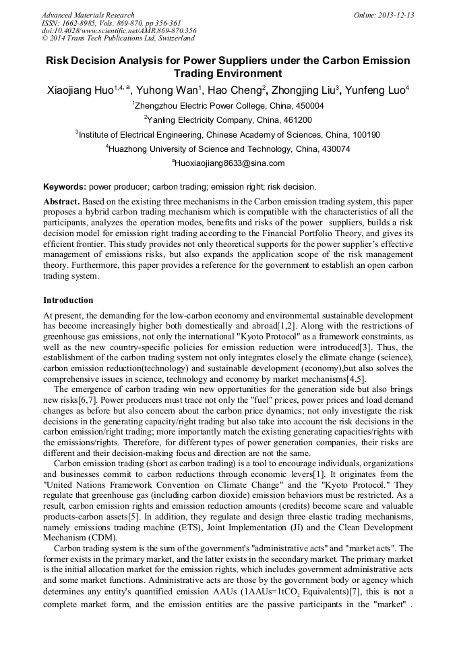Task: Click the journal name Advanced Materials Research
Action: (x=88, y=15)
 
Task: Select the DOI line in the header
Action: (x=119, y=31)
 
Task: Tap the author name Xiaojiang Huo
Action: (x=78, y=90)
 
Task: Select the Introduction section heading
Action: (x=68, y=300)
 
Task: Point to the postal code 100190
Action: (x=367, y=135)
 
